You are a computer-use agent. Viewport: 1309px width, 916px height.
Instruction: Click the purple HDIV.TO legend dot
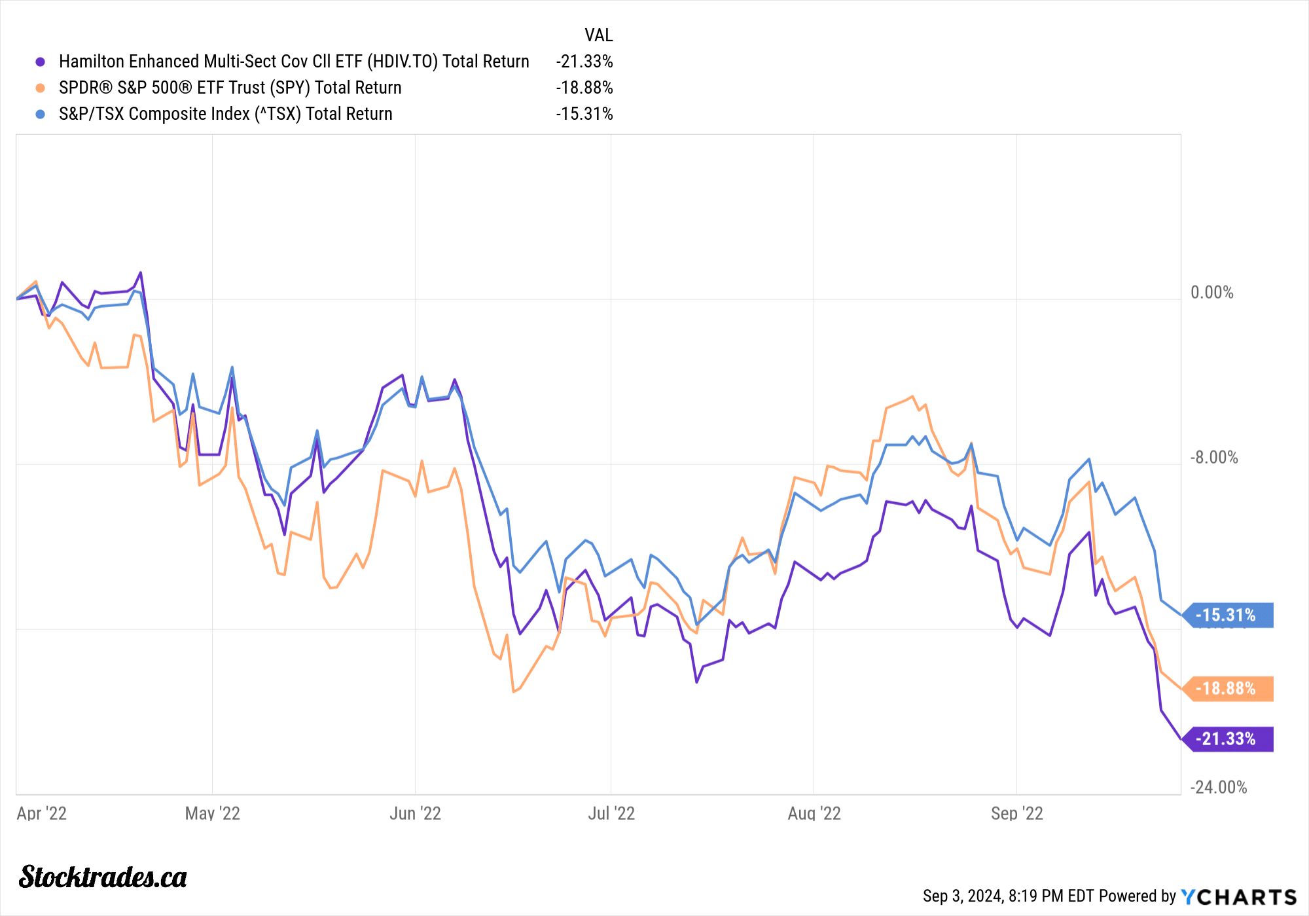pos(41,62)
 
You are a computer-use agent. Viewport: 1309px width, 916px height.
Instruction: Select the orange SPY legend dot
pos(41,88)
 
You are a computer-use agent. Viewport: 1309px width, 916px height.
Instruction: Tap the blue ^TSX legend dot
pos(41,114)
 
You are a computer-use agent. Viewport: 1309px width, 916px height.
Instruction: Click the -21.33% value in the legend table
pos(584,62)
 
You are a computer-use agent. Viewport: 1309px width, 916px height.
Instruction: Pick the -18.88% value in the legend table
pos(584,88)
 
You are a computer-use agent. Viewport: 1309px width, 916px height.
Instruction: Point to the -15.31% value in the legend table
pos(584,114)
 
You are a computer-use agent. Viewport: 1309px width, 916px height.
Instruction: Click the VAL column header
pos(598,35)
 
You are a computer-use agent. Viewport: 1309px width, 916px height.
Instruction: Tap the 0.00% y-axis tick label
pos(1211,293)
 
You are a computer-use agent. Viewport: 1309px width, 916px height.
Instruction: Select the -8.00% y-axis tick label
pos(1214,458)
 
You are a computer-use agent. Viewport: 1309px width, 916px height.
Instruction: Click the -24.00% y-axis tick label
pos(1218,787)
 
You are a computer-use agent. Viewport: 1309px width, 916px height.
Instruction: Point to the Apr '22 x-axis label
pos(41,813)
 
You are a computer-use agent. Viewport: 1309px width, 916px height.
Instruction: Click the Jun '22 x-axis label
pos(415,813)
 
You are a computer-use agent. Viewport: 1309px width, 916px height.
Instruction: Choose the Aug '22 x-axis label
pos(814,813)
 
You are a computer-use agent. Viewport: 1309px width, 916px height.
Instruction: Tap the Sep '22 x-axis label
pos(1016,813)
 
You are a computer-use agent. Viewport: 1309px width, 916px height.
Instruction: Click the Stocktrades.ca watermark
pos(103,877)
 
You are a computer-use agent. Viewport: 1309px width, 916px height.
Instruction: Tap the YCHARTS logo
pos(1238,896)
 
